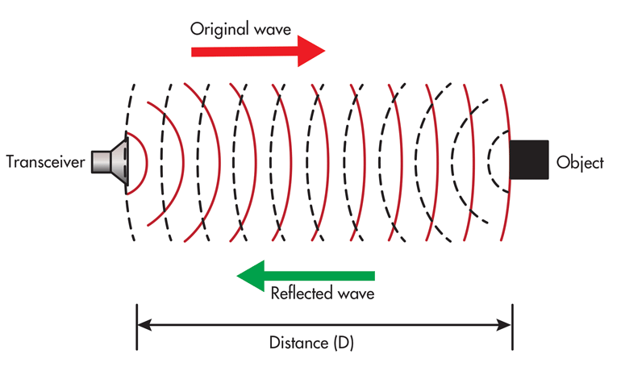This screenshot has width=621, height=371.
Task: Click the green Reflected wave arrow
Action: tap(306, 276)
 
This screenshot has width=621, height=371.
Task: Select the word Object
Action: tap(580, 162)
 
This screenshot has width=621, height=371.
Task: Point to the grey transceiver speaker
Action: tap(110, 161)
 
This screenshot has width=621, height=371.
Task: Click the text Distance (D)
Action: tap(310, 343)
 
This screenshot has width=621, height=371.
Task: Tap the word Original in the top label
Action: tap(217, 28)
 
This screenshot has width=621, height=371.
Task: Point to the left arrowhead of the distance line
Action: tap(144, 326)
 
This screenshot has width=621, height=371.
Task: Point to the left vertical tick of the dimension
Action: tap(137, 326)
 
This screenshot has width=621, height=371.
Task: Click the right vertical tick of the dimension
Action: tap(512, 326)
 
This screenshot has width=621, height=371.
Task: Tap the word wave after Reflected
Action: tap(356, 293)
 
